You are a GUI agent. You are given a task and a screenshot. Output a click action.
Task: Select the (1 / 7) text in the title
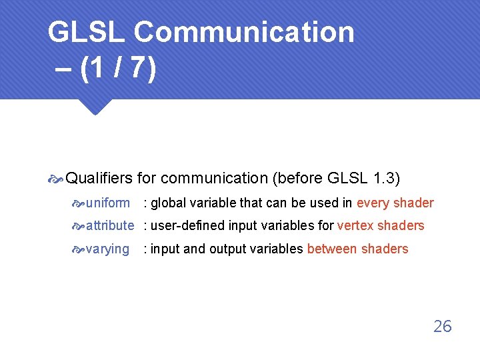click(x=117, y=69)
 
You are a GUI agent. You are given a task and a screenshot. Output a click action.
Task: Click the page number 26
click(x=442, y=326)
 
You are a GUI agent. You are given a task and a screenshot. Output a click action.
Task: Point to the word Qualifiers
click(x=100, y=178)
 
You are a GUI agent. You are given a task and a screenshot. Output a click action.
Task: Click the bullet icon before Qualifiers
click(x=57, y=179)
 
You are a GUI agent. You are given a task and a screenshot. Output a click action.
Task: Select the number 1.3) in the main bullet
click(x=387, y=178)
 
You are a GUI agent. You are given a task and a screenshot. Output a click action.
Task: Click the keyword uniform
click(x=108, y=203)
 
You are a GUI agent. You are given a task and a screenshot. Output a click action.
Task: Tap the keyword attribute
click(x=110, y=225)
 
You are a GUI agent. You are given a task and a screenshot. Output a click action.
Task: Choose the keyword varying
click(x=108, y=249)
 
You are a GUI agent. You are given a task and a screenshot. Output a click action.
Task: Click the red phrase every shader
click(x=395, y=203)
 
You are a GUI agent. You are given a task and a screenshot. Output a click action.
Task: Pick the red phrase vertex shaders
click(x=381, y=225)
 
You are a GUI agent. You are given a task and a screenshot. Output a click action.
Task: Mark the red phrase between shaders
click(x=357, y=249)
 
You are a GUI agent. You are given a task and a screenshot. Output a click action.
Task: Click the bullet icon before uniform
click(x=79, y=203)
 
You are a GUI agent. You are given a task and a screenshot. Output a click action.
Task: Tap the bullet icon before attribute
click(x=79, y=226)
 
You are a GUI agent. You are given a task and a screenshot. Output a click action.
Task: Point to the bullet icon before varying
click(x=79, y=249)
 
